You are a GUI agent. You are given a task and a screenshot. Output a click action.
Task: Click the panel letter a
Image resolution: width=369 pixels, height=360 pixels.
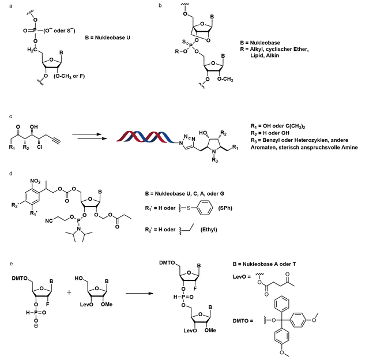coord(11,6)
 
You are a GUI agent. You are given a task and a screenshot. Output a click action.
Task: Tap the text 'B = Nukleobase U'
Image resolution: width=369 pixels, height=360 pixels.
coord(108,37)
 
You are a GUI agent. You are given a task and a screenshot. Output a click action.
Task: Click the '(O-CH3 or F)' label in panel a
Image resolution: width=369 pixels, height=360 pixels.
coord(69,76)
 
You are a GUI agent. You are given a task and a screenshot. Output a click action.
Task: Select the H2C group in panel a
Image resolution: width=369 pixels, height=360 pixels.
coord(32,50)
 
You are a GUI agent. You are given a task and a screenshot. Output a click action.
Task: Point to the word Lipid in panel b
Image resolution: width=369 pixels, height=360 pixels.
coord(257,56)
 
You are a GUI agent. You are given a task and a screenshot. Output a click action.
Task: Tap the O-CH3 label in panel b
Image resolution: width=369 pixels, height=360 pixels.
coord(225,79)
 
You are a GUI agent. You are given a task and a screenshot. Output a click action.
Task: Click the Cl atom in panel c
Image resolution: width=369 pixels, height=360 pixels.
coord(40,147)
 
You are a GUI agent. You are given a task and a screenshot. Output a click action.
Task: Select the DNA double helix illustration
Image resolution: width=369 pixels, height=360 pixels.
coord(145,137)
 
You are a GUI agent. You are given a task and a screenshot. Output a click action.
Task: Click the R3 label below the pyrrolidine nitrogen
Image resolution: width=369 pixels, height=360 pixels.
coord(215,160)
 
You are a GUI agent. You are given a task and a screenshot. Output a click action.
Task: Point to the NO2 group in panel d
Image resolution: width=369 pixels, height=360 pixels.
coord(35,181)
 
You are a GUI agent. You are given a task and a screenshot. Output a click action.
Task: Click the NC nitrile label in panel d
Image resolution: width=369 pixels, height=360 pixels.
coord(49,221)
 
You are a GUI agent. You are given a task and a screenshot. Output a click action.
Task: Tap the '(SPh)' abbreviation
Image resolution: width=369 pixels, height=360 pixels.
coord(225,208)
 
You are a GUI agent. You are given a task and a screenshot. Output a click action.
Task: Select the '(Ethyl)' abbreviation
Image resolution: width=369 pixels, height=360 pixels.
coord(209,230)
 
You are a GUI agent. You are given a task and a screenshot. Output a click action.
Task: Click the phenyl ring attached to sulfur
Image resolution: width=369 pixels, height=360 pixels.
coord(205,208)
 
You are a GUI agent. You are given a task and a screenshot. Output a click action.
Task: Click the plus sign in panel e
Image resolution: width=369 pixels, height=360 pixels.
coord(69,292)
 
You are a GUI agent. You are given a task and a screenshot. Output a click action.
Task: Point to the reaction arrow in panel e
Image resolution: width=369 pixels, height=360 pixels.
coord(140,294)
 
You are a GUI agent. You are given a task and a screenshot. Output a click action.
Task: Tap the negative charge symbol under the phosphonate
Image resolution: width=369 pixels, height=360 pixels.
coord(36,326)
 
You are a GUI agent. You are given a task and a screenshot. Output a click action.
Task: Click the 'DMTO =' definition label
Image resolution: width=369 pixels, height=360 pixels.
coord(243,321)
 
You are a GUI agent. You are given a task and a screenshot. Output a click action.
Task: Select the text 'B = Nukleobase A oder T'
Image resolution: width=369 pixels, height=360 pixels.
coord(264,264)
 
